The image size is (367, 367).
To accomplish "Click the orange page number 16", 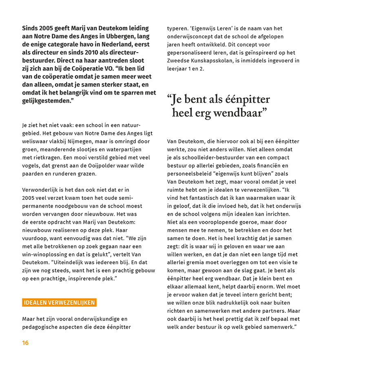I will pos(25,343).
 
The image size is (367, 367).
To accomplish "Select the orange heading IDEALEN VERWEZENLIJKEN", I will pos(59,303).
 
